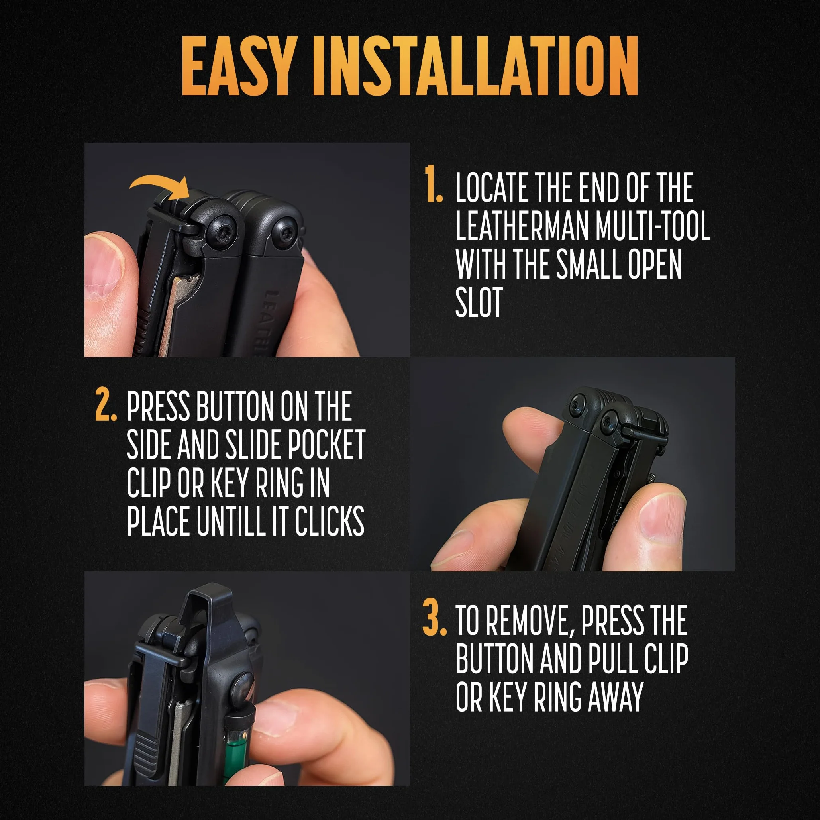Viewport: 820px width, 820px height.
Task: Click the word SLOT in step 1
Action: click(x=479, y=302)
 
